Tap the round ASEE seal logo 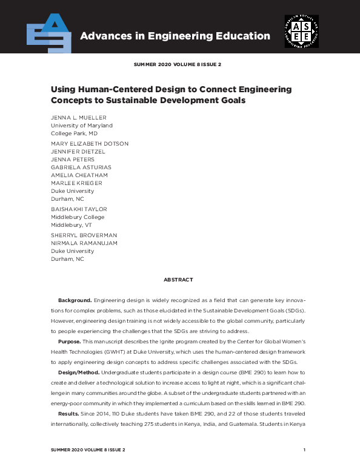click(x=301, y=32)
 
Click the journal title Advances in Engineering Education click(x=175, y=36)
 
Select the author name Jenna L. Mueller click(x=79, y=117)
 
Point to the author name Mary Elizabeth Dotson click(x=89, y=144)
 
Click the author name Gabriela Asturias click(x=81, y=167)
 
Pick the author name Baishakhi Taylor click(x=78, y=209)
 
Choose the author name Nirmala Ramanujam click(x=84, y=243)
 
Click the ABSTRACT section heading click(x=178, y=280)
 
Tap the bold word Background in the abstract click(x=75, y=301)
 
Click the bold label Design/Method click(x=78, y=372)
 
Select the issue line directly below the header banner click(x=179, y=64)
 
